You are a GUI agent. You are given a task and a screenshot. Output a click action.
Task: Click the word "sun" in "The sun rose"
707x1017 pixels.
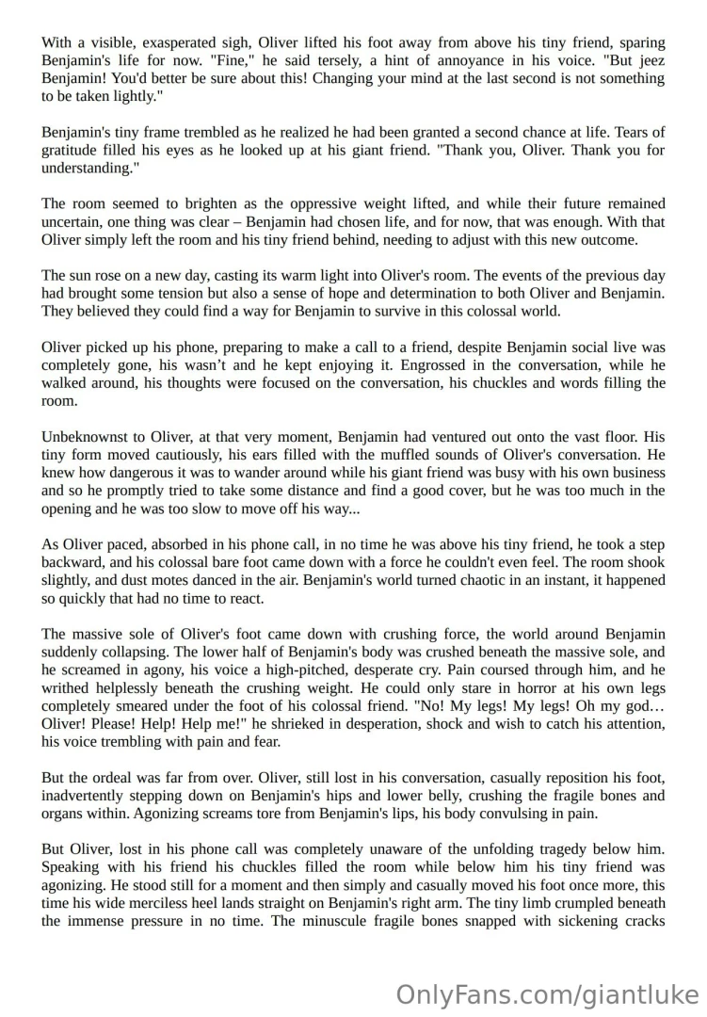click(88, 275)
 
